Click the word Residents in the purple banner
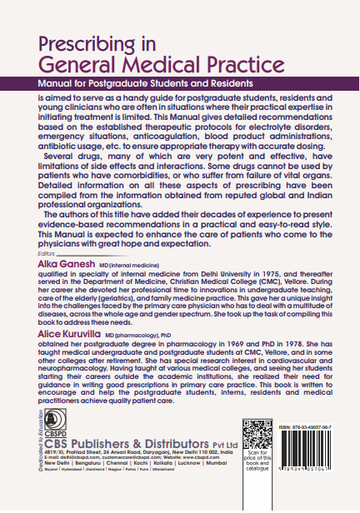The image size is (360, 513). pyautogui.click(x=226, y=85)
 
